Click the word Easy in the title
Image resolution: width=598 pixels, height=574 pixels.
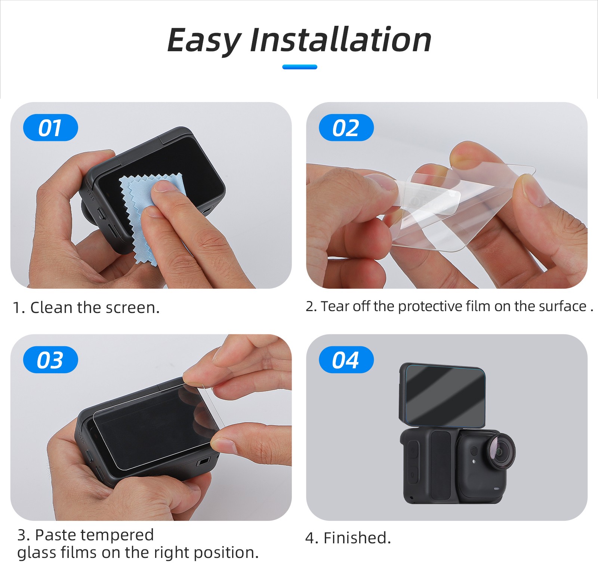point(204,40)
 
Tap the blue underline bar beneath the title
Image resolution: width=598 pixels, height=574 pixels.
point(300,67)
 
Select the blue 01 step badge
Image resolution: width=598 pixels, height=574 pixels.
point(50,128)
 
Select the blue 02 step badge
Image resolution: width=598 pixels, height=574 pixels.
point(346,128)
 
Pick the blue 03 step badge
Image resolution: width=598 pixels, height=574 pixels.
point(50,360)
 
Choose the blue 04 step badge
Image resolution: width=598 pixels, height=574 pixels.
point(346,360)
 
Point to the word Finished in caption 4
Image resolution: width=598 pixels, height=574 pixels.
point(357,538)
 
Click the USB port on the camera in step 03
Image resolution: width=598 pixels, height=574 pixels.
point(203,462)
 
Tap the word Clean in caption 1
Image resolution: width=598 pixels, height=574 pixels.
point(51,308)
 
